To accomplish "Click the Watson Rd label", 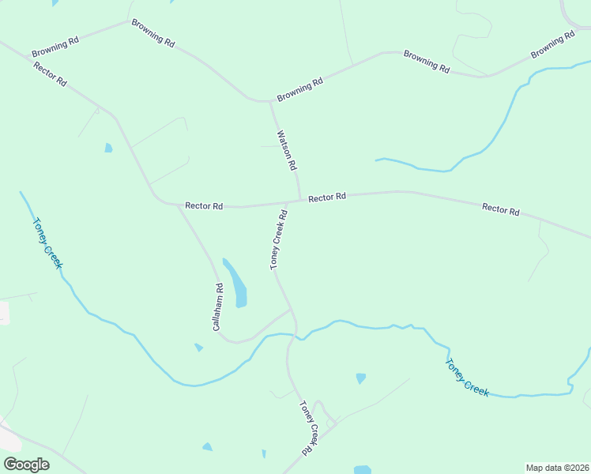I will click(x=286, y=151).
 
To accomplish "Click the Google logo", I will click(x=26, y=465).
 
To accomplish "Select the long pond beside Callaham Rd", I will click(x=236, y=284).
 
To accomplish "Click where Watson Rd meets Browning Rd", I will click(x=270, y=101).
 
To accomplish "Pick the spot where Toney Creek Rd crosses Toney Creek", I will click(x=293, y=336).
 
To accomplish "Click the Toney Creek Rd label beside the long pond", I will click(x=278, y=239).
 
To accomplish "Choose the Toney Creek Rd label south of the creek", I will click(x=309, y=427).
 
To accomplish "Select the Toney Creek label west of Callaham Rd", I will click(x=46, y=243).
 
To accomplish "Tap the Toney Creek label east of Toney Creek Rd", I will click(x=467, y=378).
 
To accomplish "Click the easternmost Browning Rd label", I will click(x=553, y=44).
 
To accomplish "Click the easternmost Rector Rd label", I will click(x=501, y=209).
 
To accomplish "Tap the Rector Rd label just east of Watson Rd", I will click(x=327, y=197).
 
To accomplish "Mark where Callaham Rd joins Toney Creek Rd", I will click(x=291, y=309).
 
